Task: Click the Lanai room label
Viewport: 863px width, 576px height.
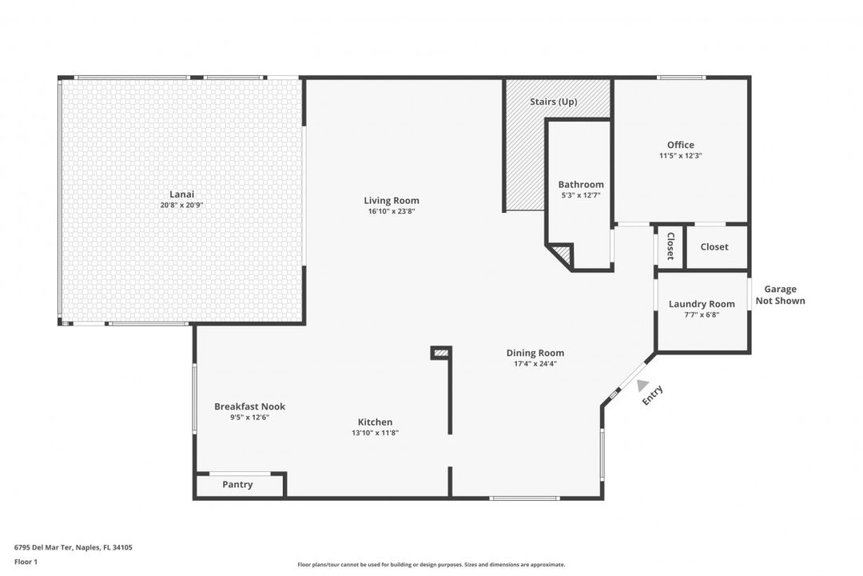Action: [181, 194]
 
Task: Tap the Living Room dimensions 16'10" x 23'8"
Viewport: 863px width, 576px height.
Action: [392, 211]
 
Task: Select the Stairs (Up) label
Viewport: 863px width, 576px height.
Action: [554, 102]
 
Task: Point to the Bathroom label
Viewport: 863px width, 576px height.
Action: [581, 185]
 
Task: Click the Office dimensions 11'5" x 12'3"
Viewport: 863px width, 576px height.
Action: [680, 155]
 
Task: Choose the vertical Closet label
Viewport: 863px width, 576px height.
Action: [670, 246]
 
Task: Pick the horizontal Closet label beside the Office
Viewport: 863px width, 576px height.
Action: [714, 247]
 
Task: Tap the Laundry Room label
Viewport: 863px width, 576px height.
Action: [702, 304]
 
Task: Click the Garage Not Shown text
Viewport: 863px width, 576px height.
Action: [780, 295]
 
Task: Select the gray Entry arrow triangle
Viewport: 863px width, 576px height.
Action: [642, 386]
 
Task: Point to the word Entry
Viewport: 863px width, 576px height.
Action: [653, 395]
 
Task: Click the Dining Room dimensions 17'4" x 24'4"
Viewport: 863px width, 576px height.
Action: [535, 364]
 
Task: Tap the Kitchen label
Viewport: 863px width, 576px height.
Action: [376, 422]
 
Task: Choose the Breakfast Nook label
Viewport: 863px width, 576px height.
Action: [250, 406]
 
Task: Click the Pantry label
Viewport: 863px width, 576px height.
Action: [238, 485]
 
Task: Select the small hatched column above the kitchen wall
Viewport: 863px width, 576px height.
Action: [441, 353]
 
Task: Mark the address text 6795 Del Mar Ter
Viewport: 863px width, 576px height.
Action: [43, 547]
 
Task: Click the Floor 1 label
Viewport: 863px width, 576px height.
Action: [26, 562]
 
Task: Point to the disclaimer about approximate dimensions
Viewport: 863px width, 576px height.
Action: [431, 565]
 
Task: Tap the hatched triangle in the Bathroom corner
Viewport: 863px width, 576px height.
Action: [563, 254]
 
